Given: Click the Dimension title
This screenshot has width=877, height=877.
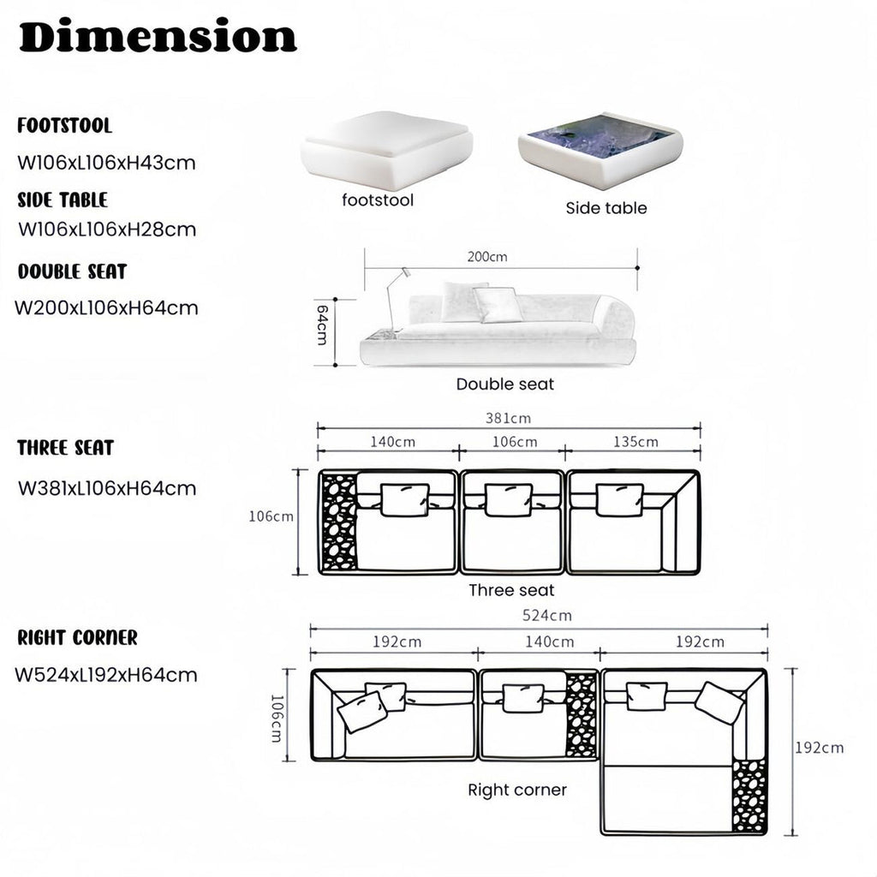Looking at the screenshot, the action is click(158, 36).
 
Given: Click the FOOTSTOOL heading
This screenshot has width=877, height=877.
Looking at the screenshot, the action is click(65, 125).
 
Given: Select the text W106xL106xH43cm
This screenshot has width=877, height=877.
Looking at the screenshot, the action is click(107, 163).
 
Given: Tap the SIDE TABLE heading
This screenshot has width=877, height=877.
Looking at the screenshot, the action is click(63, 200).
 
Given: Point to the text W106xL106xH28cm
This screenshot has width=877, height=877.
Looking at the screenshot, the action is click(107, 230).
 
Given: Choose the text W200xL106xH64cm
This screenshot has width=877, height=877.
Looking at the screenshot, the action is click(106, 307).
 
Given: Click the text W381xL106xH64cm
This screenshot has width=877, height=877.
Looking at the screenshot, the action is click(107, 488).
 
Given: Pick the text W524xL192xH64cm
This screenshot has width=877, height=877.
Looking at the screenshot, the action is click(106, 675).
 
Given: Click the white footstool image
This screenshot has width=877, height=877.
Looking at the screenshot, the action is click(386, 149).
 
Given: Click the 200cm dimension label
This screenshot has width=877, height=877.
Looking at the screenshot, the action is click(487, 257).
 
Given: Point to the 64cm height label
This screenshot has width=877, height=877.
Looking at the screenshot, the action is click(322, 325).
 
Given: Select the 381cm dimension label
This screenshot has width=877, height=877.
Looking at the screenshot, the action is click(508, 418).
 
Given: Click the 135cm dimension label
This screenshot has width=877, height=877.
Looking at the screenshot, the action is click(636, 442).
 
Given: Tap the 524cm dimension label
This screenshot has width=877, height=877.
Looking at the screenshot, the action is click(547, 615).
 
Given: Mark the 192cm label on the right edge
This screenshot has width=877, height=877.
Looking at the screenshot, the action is click(820, 748).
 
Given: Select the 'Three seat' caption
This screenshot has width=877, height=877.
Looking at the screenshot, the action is click(511, 590).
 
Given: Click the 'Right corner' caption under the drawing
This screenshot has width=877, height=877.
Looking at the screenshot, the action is click(517, 790).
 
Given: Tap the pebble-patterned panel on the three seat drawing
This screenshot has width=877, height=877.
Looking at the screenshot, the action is click(339, 522).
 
